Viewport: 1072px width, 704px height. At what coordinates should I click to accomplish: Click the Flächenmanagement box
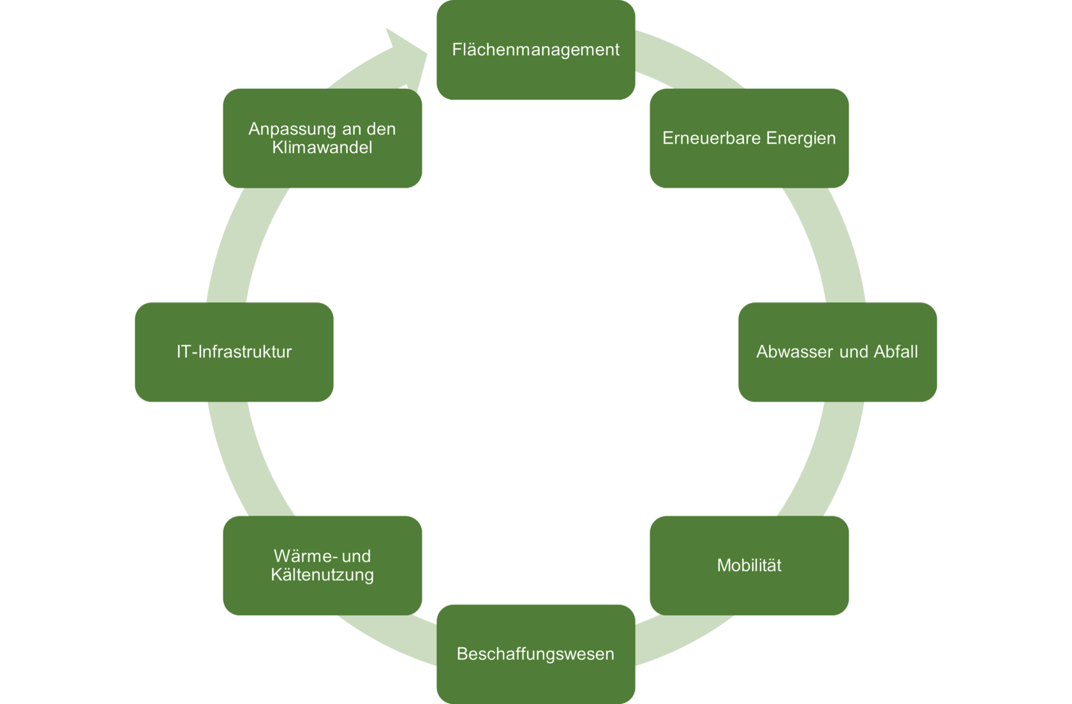point(535,50)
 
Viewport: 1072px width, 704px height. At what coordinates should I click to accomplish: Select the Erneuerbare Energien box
point(748,138)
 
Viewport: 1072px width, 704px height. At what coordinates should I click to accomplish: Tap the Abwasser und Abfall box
point(837,352)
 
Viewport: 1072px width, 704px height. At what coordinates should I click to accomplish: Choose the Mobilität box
point(748,565)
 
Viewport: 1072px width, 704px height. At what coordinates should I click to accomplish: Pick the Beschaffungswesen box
point(535,654)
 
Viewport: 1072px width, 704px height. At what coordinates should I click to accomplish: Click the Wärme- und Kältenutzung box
point(322,565)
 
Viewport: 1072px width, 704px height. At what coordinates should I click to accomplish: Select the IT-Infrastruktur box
point(234,352)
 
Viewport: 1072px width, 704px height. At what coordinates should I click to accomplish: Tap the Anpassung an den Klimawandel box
point(322,138)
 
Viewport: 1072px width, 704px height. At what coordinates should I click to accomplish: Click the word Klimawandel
point(322,147)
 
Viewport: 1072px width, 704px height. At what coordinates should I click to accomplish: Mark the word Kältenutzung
point(322,574)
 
